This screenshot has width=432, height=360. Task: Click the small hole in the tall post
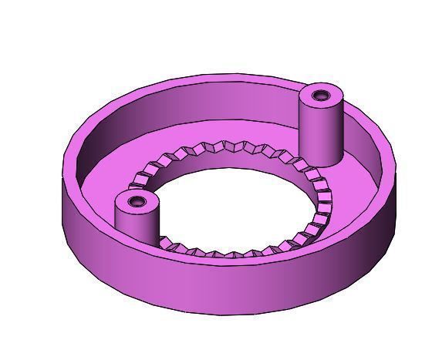click(x=320, y=96)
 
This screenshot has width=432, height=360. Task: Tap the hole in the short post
click(x=137, y=202)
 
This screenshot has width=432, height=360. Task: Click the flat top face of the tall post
click(x=310, y=98)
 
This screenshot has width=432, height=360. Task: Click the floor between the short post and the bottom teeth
click(x=170, y=254)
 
